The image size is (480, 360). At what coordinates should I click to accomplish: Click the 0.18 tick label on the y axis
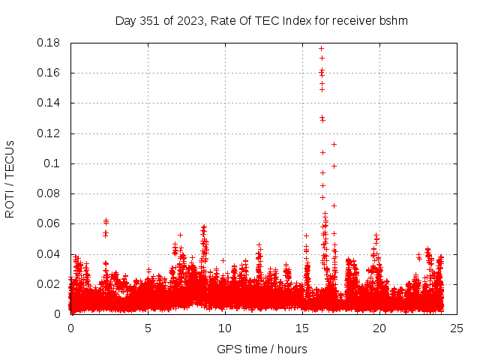49,43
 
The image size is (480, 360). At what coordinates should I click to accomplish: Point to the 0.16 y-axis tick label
49,73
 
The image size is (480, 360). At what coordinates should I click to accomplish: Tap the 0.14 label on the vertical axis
49,103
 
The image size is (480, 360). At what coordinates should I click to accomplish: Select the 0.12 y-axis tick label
49,133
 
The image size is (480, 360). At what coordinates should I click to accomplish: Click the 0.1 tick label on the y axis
52,163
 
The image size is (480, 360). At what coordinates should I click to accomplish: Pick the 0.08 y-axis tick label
49,193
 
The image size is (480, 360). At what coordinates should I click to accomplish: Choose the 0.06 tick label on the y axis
49,223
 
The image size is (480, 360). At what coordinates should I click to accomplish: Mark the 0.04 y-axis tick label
49,253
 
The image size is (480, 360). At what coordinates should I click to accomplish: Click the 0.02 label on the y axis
49,283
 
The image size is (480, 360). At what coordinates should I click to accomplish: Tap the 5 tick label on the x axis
148,328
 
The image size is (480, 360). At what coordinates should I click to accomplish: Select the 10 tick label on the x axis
225,328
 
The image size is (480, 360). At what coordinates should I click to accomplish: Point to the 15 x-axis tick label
302,328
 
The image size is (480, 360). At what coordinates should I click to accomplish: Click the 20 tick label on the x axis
379,328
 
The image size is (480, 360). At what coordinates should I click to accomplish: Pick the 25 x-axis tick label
457,328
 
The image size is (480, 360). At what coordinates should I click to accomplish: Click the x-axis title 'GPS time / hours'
262,349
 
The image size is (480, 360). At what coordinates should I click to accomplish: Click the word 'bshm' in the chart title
394,20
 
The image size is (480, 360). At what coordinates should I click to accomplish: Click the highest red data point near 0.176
321,49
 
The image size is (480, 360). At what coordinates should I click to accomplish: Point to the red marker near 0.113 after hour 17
334,144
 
